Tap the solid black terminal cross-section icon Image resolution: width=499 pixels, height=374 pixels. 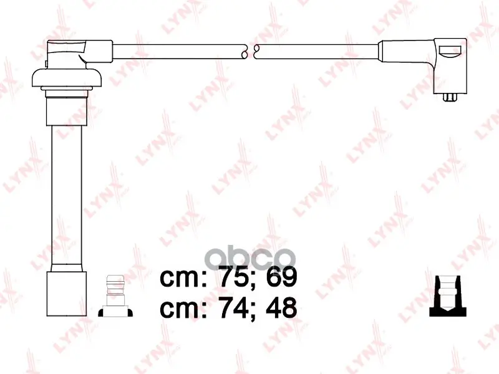(448, 296)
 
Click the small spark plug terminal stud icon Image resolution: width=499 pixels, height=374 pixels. (115, 295)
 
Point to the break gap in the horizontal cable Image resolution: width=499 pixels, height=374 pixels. (251, 52)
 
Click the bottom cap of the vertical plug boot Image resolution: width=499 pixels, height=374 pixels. (67, 294)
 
